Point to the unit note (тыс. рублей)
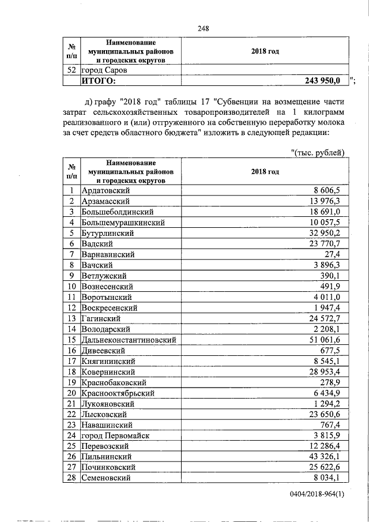[x=318, y=153]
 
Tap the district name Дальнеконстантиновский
[x=128, y=339]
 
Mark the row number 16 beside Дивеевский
[x=71, y=350]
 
